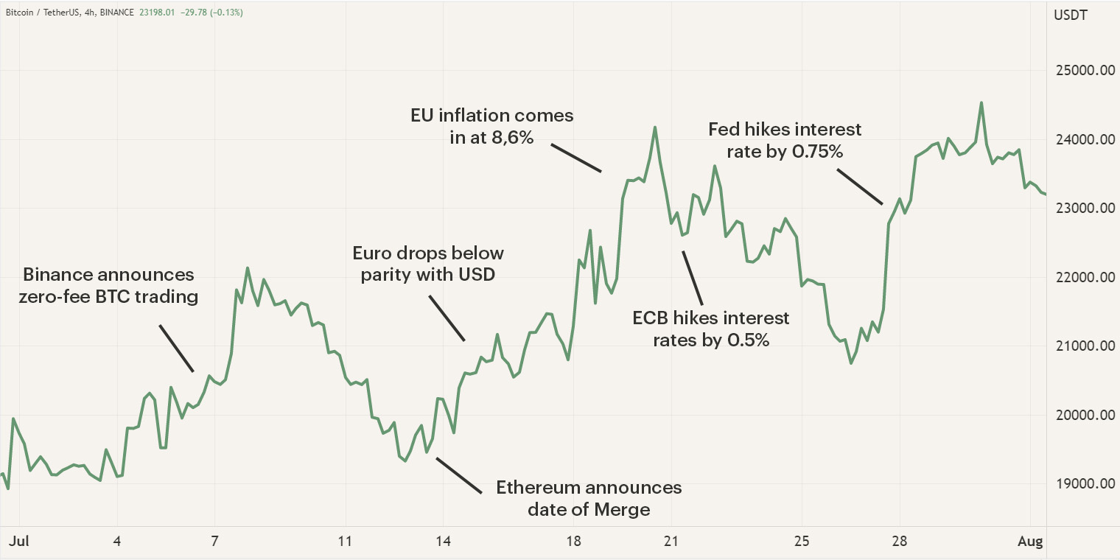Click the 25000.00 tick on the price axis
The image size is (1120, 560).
tap(1082, 71)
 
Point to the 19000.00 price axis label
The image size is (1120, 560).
tap(1082, 484)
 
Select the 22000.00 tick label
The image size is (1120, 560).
tap(1082, 278)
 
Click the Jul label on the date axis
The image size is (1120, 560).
tap(18, 542)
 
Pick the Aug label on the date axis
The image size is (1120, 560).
tap(1031, 542)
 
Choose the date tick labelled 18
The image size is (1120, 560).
tap(574, 542)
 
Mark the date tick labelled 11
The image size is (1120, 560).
tap(344, 542)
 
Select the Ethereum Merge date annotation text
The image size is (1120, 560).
tap(589, 498)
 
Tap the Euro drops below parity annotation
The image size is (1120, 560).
tap(428, 264)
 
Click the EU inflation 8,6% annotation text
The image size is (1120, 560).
tap(492, 127)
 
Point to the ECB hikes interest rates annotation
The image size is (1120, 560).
tap(711, 329)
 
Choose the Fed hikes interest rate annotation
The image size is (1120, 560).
tap(785, 141)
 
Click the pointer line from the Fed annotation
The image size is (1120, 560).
tap(859, 186)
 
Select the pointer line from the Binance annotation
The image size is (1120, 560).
tap(177, 348)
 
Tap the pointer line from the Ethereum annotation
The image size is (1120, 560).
tap(458, 475)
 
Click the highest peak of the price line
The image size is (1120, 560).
tap(981, 103)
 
